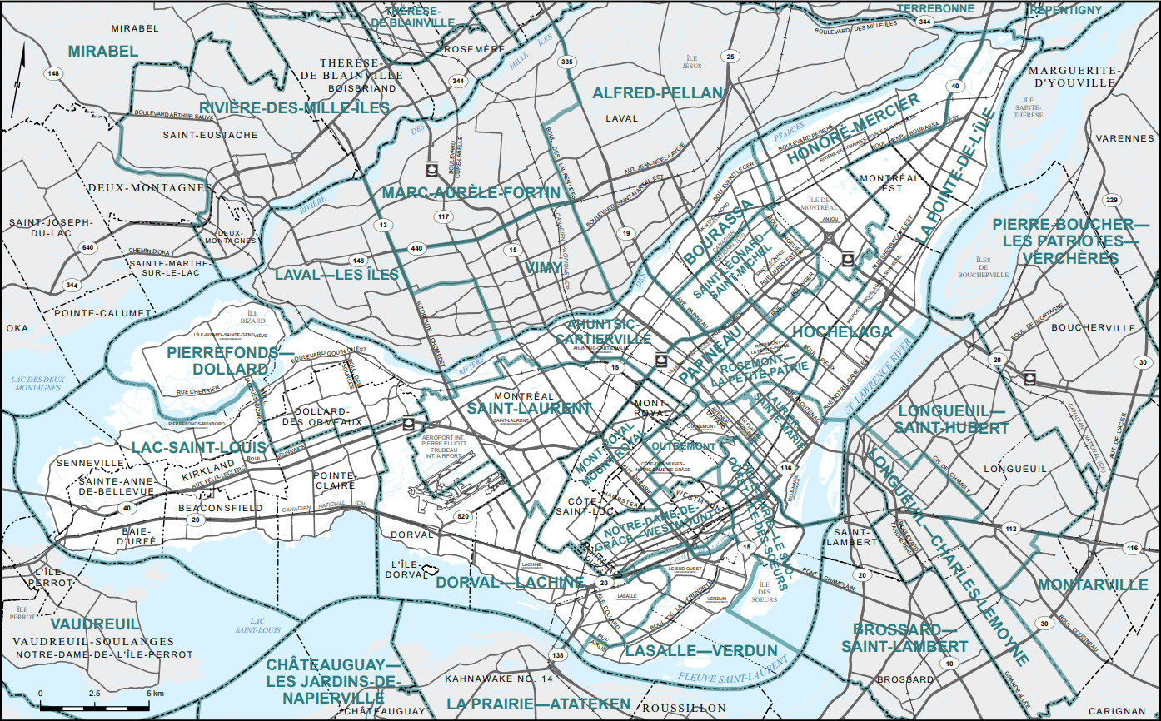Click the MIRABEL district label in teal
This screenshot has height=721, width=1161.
[x=103, y=52]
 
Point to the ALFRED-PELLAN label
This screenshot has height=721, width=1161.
[x=657, y=93]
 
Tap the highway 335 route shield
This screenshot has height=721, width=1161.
[x=567, y=62]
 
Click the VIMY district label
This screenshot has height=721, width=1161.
[x=543, y=268]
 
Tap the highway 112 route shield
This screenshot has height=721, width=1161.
[x=1011, y=529]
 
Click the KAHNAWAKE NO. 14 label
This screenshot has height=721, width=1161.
[x=500, y=680]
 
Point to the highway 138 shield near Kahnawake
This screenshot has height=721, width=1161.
[x=557, y=656]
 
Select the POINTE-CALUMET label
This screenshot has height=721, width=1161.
[x=102, y=313]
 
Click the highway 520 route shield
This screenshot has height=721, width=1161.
[x=462, y=516]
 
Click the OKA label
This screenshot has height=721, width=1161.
[x=17, y=328]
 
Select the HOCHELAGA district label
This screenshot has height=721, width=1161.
[x=842, y=332]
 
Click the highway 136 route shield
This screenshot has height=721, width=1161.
[x=786, y=469]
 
